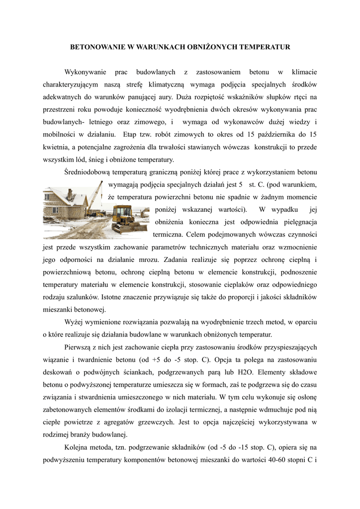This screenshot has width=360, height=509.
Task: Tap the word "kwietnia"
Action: (x=56, y=147)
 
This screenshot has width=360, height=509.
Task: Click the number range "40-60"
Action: (x=274, y=460)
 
